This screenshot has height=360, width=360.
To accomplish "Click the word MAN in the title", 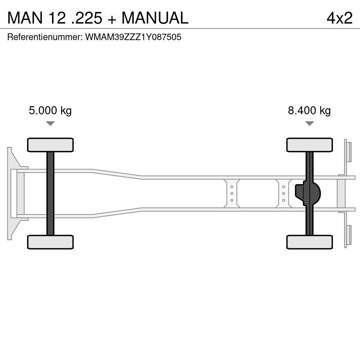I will [x=24, y=18].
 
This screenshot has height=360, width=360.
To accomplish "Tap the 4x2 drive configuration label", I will [x=339, y=18].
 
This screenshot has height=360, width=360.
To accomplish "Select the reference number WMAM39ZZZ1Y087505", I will [x=133, y=37].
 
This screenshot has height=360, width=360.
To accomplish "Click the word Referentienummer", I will [x=45, y=37].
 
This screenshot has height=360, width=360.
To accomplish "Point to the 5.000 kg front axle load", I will [x=50, y=111].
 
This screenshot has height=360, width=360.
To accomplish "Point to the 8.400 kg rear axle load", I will [x=309, y=111].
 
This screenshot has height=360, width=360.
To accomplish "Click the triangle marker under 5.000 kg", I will [x=50, y=123].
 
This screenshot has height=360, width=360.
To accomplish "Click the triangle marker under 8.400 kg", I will [x=309, y=123].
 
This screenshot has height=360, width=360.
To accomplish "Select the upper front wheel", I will [x=50, y=145].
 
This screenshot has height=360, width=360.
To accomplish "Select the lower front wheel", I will [x=50, y=242].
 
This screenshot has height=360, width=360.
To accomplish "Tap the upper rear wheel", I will [x=309, y=145].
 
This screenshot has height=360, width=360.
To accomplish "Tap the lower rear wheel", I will [x=309, y=242].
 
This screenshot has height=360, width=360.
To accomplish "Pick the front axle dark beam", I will [x=50, y=193].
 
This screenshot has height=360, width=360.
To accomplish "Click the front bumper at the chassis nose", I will [x=11, y=193].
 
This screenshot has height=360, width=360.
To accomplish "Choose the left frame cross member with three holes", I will [x=232, y=193].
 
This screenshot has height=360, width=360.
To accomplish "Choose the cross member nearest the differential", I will [x=283, y=193].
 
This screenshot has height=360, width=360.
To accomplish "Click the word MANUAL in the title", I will [x=155, y=18].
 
